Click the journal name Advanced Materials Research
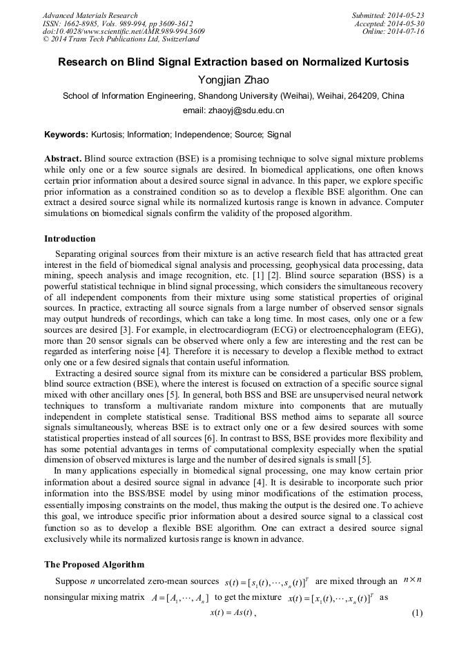click(x=90, y=15)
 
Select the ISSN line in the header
click(x=117, y=23)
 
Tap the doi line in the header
click(x=123, y=32)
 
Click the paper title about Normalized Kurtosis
click(x=233, y=62)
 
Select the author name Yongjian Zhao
click(x=233, y=79)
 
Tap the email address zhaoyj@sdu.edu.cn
click(x=233, y=110)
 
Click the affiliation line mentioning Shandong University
click(x=233, y=96)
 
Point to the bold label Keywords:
click(x=66, y=135)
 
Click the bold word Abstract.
click(x=63, y=158)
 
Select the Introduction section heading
click(x=70, y=239)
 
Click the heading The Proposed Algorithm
click(x=94, y=564)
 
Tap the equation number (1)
click(x=416, y=613)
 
